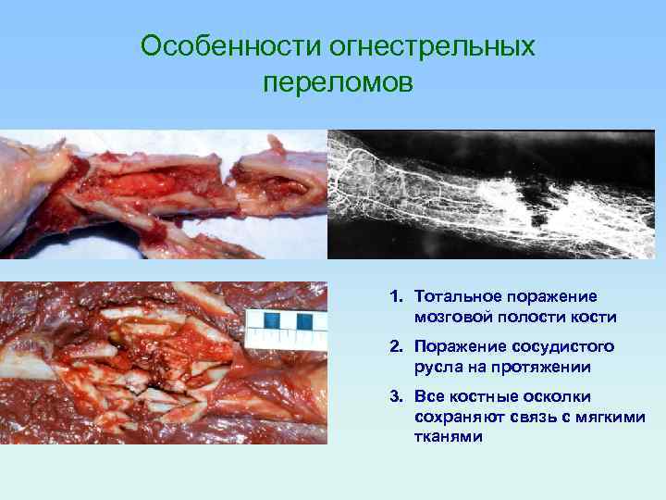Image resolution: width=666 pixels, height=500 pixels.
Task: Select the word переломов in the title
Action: [x=337, y=83]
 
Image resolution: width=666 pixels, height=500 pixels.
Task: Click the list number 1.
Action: [x=395, y=297]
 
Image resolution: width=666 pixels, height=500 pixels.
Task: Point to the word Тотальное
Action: [x=454, y=297]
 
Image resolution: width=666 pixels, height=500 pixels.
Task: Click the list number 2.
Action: [x=395, y=347]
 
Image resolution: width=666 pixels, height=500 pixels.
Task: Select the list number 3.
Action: [x=395, y=397]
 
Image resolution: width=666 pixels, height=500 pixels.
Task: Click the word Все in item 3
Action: [x=430, y=397]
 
